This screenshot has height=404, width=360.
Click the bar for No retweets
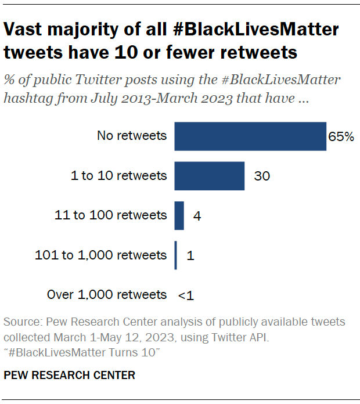pyautogui.click(x=250, y=136)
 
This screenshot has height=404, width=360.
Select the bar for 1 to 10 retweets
pyautogui.click(x=210, y=176)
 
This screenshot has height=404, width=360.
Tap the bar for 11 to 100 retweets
pyautogui.click(x=179, y=216)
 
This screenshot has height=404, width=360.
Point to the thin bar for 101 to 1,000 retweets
pyautogui.click(x=176, y=255)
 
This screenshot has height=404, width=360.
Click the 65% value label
pyautogui.click(x=341, y=137)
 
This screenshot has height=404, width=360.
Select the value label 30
pyautogui.click(x=262, y=176)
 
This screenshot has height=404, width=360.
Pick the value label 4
pyautogui.click(x=197, y=217)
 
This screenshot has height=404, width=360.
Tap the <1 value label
pyautogui.click(x=186, y=295)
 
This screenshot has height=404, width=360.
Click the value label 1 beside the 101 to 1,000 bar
pyautogui.click(x=190, y=256)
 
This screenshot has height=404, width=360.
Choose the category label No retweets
pyautogui.click(x=132, y=136)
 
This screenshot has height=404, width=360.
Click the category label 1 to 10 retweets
pyautogui.click(x=118, y=176)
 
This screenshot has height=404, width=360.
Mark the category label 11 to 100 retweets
pyautogui.click(x=110, y=216)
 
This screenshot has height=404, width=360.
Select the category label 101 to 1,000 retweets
pyautogui.click(x=101, y=255)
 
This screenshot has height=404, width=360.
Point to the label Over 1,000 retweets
pyautogui.click(x=107, y=295)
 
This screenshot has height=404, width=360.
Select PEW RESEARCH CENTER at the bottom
pyautogui.click(x=70, y=376)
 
